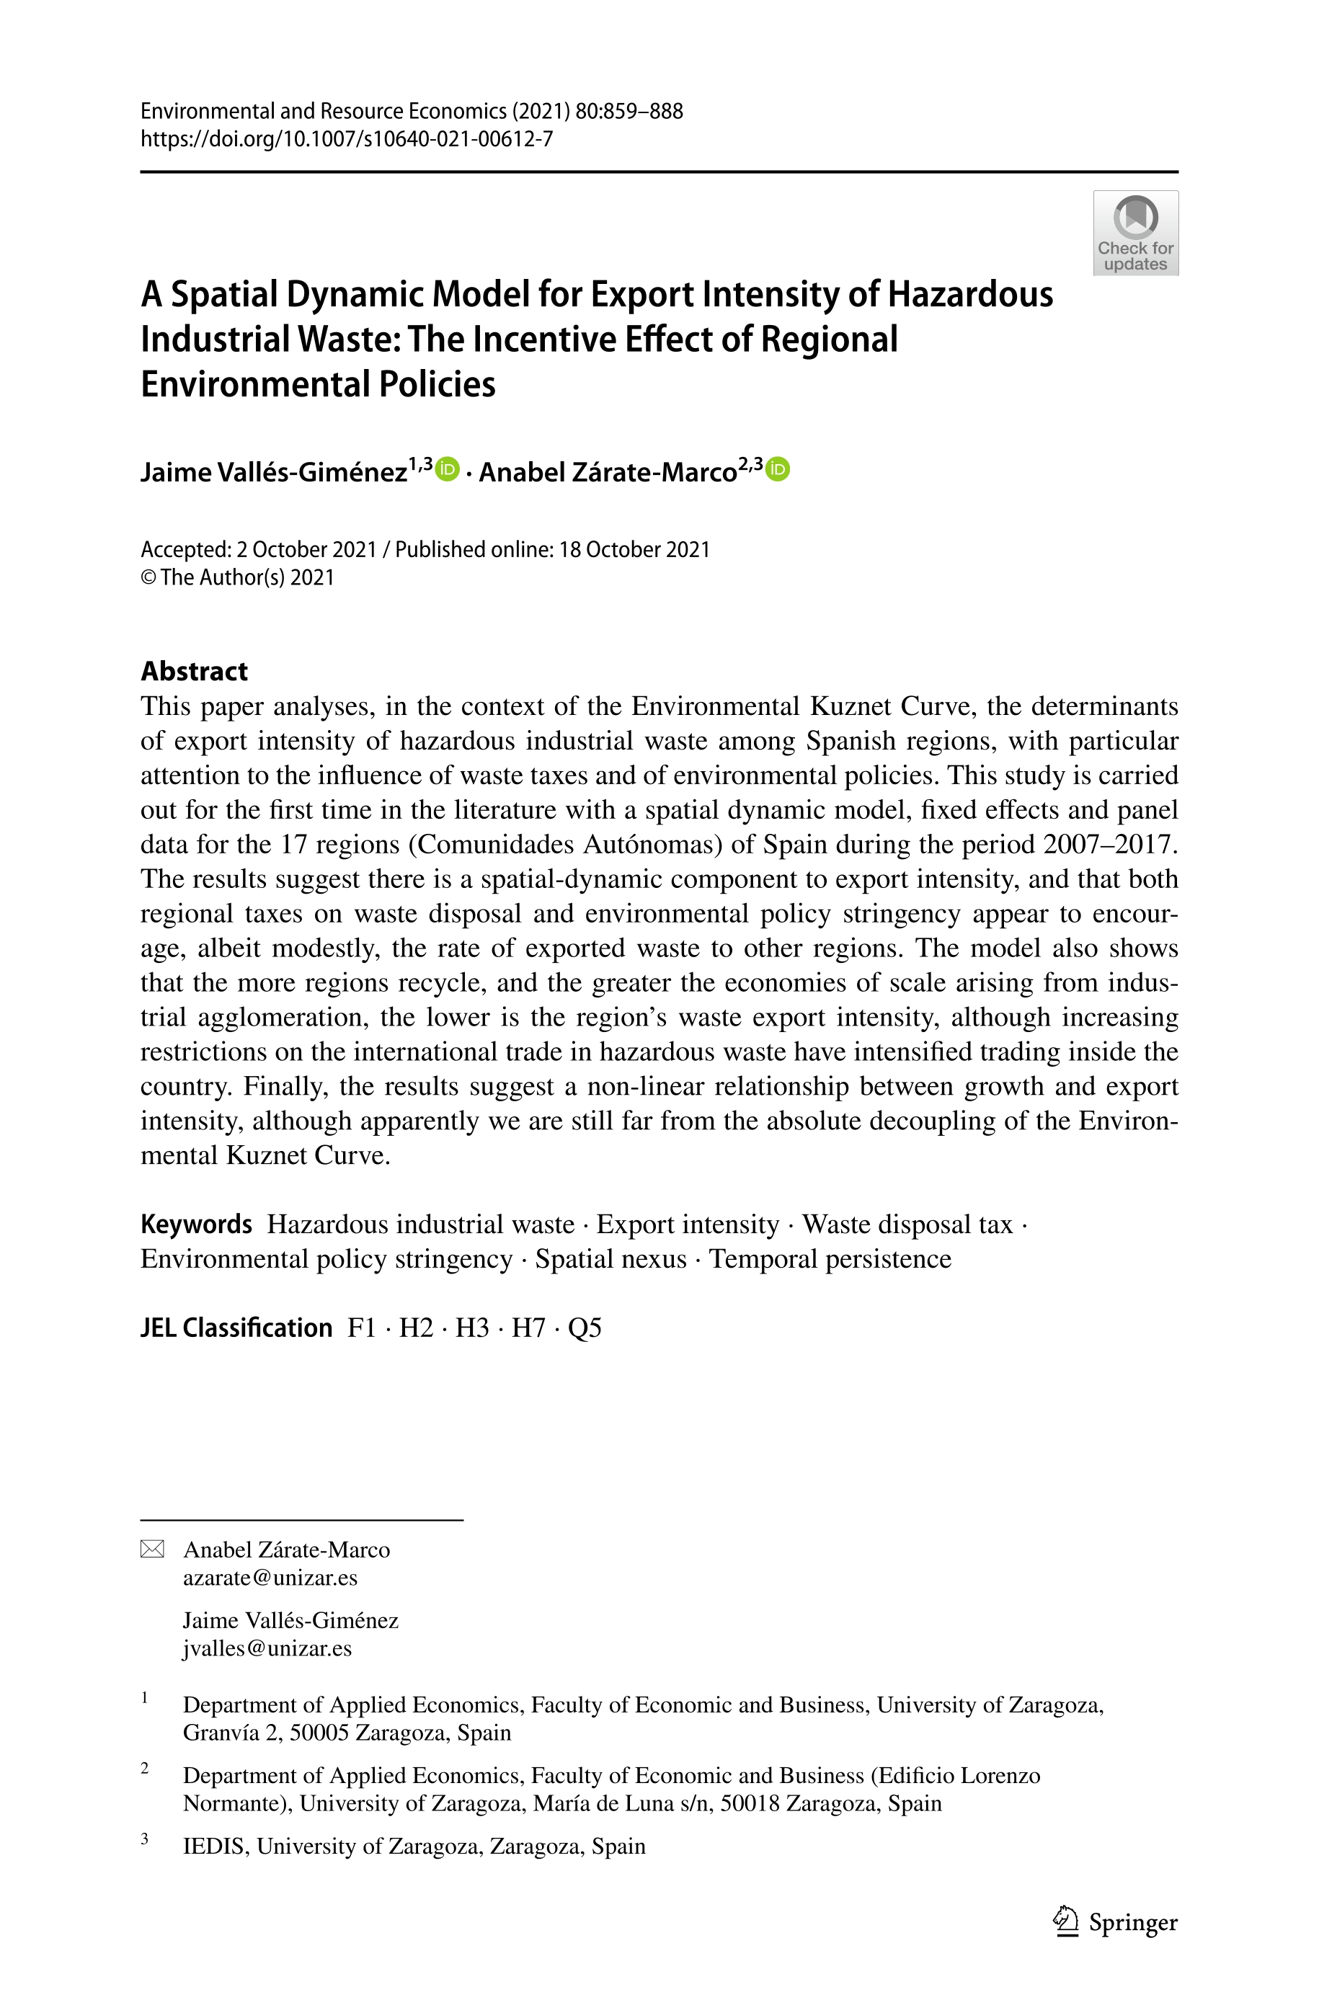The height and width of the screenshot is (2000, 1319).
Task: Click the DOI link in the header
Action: [347, 139]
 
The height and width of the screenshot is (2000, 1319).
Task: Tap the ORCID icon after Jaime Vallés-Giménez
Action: [448, 468]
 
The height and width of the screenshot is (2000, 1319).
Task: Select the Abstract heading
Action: [195, 670]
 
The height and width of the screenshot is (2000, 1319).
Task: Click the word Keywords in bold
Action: [196, 1224]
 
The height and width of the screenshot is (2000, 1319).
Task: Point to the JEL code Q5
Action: [585, 1328]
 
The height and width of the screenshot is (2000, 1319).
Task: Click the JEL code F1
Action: [362, 1328]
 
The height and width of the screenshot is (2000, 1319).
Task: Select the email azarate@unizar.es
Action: [270, 1577]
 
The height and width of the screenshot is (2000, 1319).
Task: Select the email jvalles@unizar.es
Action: [267, 1648]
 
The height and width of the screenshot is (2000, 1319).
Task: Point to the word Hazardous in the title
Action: [971, 294]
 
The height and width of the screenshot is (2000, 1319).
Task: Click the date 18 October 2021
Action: [634, 549]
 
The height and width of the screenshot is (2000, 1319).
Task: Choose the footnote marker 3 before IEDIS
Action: [145, 1839]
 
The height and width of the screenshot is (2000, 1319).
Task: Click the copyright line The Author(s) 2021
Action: [247, 578]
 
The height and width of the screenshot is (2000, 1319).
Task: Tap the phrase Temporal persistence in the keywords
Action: [830, 1258]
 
